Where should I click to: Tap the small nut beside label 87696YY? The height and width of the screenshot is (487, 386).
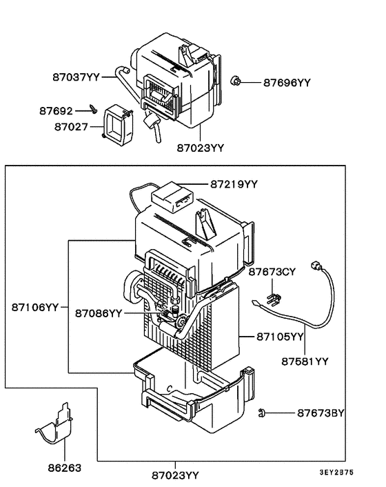(x=235, y=82)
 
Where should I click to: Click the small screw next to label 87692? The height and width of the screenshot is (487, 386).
(x=92, y=108)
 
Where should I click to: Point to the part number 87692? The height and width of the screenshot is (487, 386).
(x=55, y=110)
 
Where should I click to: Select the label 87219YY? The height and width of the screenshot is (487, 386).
(x=234, y=183)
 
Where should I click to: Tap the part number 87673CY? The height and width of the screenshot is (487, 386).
(x=272, y=272)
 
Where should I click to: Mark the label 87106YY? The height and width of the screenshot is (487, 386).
(x=34, y=306)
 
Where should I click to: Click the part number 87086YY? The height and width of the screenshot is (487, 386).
(x=99, y=312)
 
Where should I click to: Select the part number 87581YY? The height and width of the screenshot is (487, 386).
(x=305, y=360)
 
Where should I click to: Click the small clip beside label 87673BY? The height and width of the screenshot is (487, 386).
(x=263, y=413)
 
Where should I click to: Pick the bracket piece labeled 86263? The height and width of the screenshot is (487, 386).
(x=57, y=425)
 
